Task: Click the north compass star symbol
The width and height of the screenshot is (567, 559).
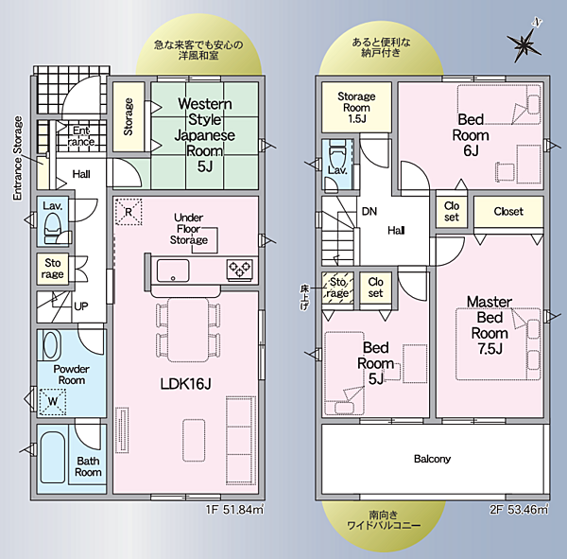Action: click(524, 44)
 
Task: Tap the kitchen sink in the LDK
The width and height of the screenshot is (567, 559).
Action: click(173, 271)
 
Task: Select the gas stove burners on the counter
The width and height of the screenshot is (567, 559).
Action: click(239, 271)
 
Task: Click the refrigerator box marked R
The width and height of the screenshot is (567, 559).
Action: click(129, 212)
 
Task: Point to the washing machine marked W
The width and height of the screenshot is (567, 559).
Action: click(53, 401)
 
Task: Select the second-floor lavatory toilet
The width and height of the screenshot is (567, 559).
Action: click(337, 153)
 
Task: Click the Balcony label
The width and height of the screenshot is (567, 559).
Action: click(432, 459)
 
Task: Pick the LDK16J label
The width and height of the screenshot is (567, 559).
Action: click(185, 384)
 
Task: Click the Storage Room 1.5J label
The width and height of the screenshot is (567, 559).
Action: click(356, 108)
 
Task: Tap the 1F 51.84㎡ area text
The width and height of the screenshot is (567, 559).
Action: click(234, 510)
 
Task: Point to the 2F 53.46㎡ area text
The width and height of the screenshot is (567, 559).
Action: click(519, 510)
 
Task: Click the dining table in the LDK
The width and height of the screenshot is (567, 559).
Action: click(188, 329)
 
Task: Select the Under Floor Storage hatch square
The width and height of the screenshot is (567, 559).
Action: click(205, 240)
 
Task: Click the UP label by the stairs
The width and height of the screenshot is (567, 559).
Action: click(81, 306)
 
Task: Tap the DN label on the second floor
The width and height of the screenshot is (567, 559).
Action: click(369, 211)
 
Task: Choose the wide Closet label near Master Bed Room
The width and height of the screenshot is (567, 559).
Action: click(508, 211)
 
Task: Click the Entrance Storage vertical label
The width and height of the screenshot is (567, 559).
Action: click(17, 158)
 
